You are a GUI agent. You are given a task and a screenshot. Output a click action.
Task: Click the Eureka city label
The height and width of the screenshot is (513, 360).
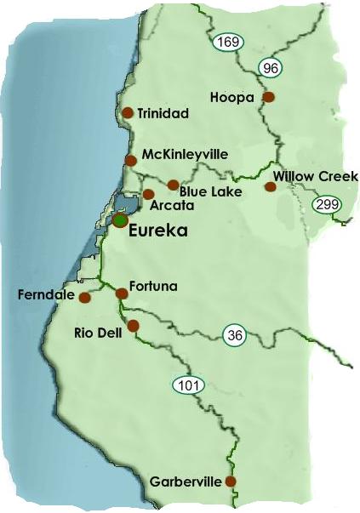pyautogui.click(x=157, y=230)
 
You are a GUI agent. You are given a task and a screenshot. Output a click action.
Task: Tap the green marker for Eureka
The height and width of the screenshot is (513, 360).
pyautogui.click(x=120, y=219)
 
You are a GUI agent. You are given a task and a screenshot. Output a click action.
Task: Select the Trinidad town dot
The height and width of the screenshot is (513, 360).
pyautogui.click(x=128, y=112)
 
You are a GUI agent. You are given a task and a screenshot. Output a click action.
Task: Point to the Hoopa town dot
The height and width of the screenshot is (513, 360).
pyautogui.click(x=268, y=97)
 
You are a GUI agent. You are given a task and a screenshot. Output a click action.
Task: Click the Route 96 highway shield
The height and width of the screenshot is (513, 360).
pyautogui.click(x=271, y=68)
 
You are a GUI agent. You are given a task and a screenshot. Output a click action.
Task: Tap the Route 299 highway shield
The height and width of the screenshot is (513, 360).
pyautogui.click(x=325, y=204)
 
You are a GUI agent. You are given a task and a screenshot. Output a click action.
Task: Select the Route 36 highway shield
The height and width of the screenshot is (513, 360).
pyautogui.click(x=236, y=334)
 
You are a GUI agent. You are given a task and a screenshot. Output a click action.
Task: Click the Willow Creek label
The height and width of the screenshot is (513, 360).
pyautogui.click(x=316, y=176)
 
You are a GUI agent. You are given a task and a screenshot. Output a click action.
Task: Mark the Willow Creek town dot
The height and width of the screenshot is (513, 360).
pyautogui.click(x=271, y=185)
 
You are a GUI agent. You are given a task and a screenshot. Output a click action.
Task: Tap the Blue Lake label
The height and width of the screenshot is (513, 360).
pyautogui.click(x=210, y=192)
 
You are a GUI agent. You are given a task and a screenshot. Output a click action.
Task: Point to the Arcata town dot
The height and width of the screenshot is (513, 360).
pyautogui.click(x=148, y=194)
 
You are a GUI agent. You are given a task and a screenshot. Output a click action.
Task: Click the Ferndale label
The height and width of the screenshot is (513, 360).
pyautogui.click(x=41, y=295)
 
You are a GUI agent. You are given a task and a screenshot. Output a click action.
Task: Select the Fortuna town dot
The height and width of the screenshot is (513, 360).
pyautogui.click(x=121, y=294)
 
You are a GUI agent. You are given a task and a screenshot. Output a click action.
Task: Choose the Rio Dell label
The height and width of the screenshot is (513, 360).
pyautogui.click(x=99, y=333)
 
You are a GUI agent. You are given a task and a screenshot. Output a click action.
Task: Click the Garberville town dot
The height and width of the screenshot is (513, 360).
pyautogui.click(x=230, y=482)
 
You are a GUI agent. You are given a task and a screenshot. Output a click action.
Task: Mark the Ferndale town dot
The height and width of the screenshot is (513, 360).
pyautogui.click(x=84, y=298)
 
